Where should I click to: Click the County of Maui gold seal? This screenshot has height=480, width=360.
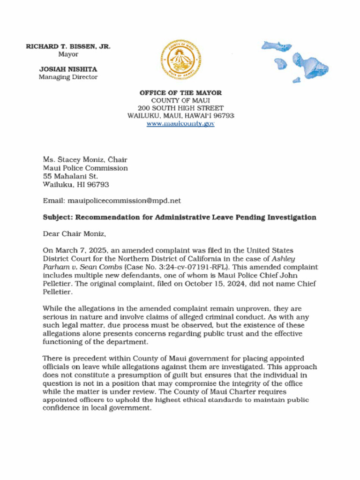[x=180, y=60]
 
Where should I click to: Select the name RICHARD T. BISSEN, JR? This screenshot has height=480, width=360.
[x=68, y=46]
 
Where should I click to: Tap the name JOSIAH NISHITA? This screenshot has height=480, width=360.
[x=68, y=69]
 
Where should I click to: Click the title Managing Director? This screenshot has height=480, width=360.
[x=68, y=77]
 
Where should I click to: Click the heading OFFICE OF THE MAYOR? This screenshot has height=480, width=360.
[x=180, y=93]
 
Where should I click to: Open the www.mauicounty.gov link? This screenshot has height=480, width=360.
[x=180, y=123]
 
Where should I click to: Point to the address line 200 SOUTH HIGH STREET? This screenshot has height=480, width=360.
[x=180, y=108]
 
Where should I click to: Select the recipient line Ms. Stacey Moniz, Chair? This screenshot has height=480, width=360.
[x=85, y=160]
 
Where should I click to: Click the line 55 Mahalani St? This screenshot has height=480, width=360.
[x=70, y=176]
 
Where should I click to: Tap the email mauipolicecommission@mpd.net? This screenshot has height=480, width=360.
[x=124, y=201]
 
